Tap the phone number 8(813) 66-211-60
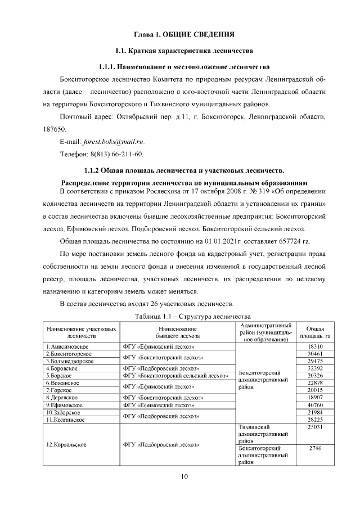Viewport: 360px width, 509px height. coord(117,154)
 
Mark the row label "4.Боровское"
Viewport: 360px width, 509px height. coord(61,368)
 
